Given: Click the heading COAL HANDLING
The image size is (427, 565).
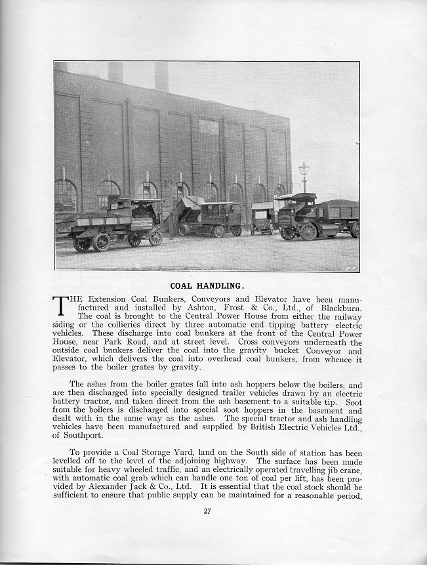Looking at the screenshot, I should click(x=207, y=285).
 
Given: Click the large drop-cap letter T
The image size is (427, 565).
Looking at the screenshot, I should click(x=60, y=306).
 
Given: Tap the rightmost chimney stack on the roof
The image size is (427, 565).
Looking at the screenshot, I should click(x=161, y=76).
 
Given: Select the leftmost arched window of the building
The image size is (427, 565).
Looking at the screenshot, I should click(x=66, y=196).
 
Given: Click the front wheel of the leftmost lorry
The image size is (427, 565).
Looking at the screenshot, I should click(x=155, y=238).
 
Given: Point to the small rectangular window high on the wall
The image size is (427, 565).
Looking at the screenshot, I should click(x=209, y=125).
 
